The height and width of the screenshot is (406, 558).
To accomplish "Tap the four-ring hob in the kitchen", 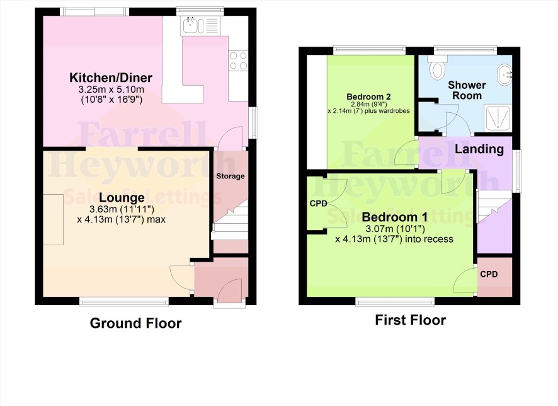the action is click(238, 61).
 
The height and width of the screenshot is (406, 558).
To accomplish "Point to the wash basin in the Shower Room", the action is click(504, 74).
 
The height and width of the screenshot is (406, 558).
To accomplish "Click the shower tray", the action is click(498, 117).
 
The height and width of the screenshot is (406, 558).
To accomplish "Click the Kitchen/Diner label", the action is click(111, 78).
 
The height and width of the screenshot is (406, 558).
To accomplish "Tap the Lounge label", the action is click(122, 197).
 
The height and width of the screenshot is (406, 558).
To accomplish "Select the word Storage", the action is click(231, 176).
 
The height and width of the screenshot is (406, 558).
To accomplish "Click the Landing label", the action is click(479, 149).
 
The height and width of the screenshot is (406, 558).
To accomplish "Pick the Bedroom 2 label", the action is click(368, 96).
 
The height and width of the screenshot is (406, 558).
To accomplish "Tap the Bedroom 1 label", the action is click(394, 217).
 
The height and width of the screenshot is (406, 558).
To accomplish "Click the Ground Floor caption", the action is click(135, 323).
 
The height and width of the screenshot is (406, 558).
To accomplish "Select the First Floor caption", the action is click(411, 320).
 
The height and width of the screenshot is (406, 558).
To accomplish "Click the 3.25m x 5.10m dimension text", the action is click(111, 89).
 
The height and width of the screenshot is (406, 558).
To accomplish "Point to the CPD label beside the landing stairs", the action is click(489, 274).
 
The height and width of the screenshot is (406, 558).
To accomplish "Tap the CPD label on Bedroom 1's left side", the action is click(318, 204).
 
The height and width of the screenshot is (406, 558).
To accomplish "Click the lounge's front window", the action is click(124, 303).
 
